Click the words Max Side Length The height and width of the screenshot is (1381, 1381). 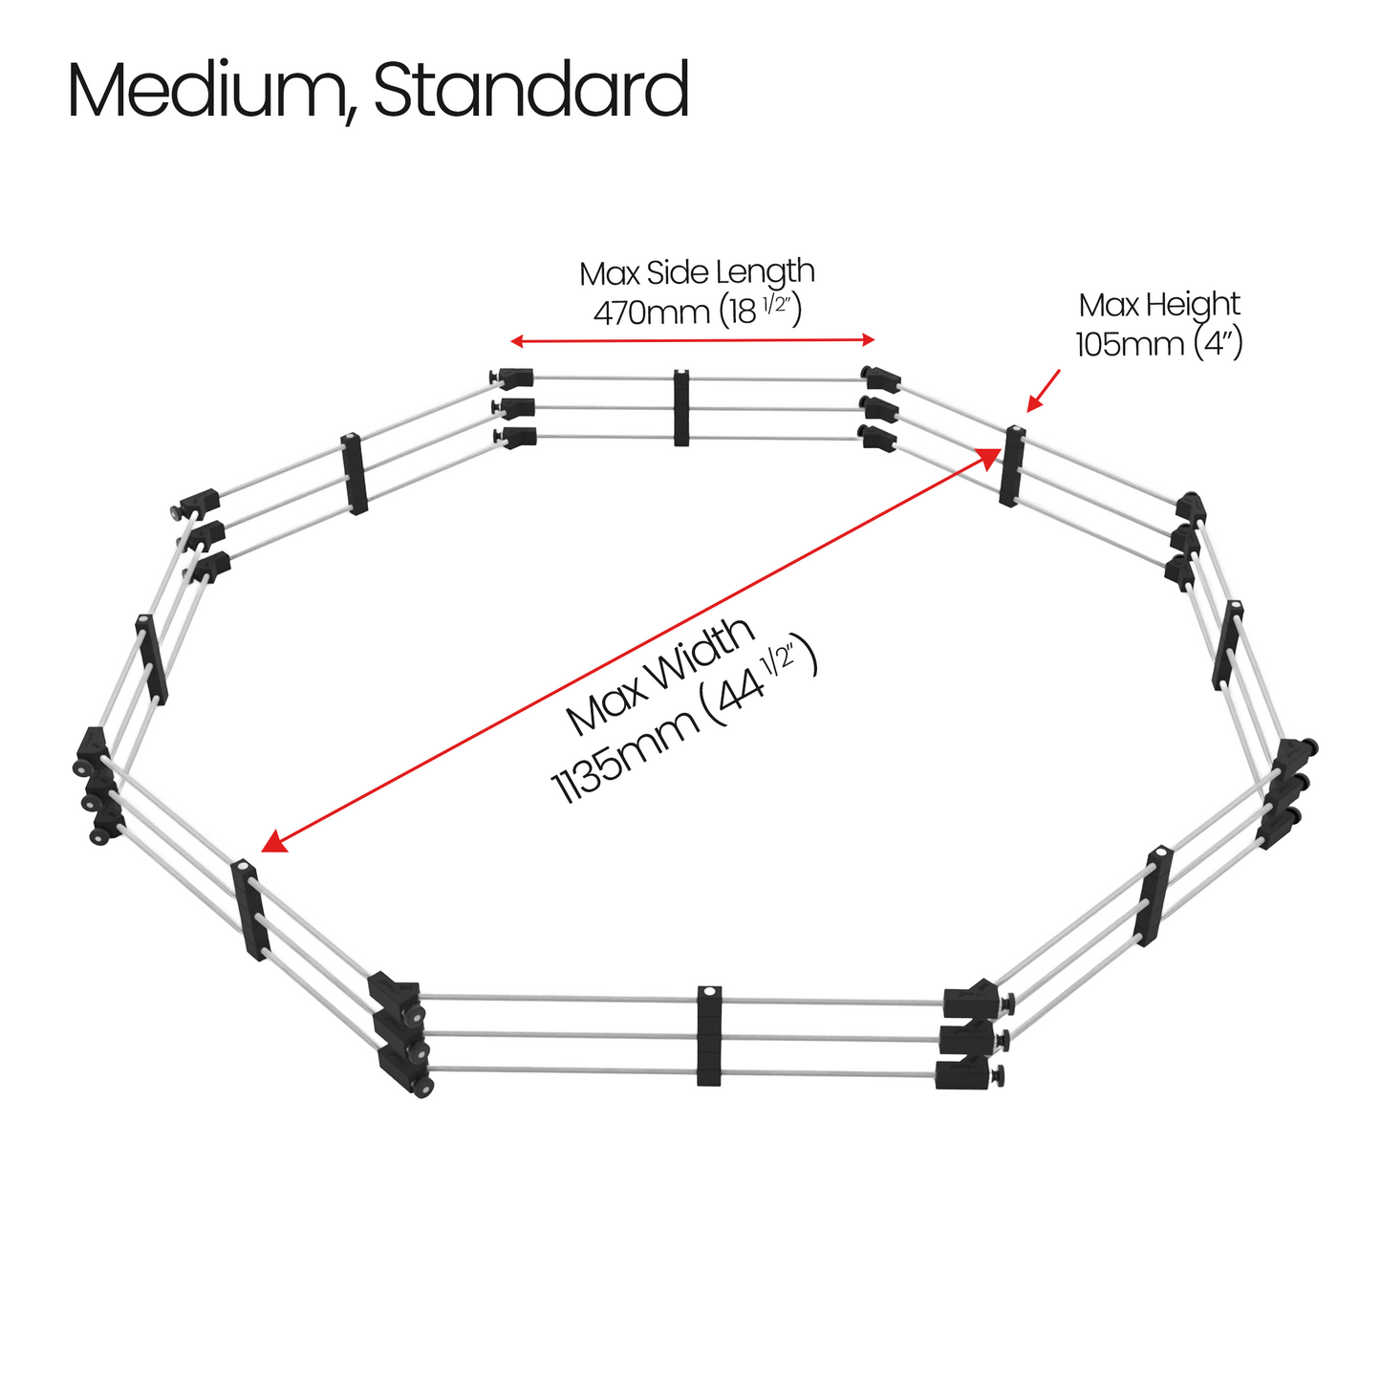[697, 273]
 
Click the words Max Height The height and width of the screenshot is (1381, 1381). [1159, 306]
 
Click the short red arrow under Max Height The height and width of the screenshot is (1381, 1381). [1044, 391]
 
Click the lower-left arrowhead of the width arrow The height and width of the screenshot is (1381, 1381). [273, 842]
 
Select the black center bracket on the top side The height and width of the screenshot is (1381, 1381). [680, 408]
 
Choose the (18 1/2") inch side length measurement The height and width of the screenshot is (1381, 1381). [761, 311]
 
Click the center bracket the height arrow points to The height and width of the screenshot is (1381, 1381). [1013, 465]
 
